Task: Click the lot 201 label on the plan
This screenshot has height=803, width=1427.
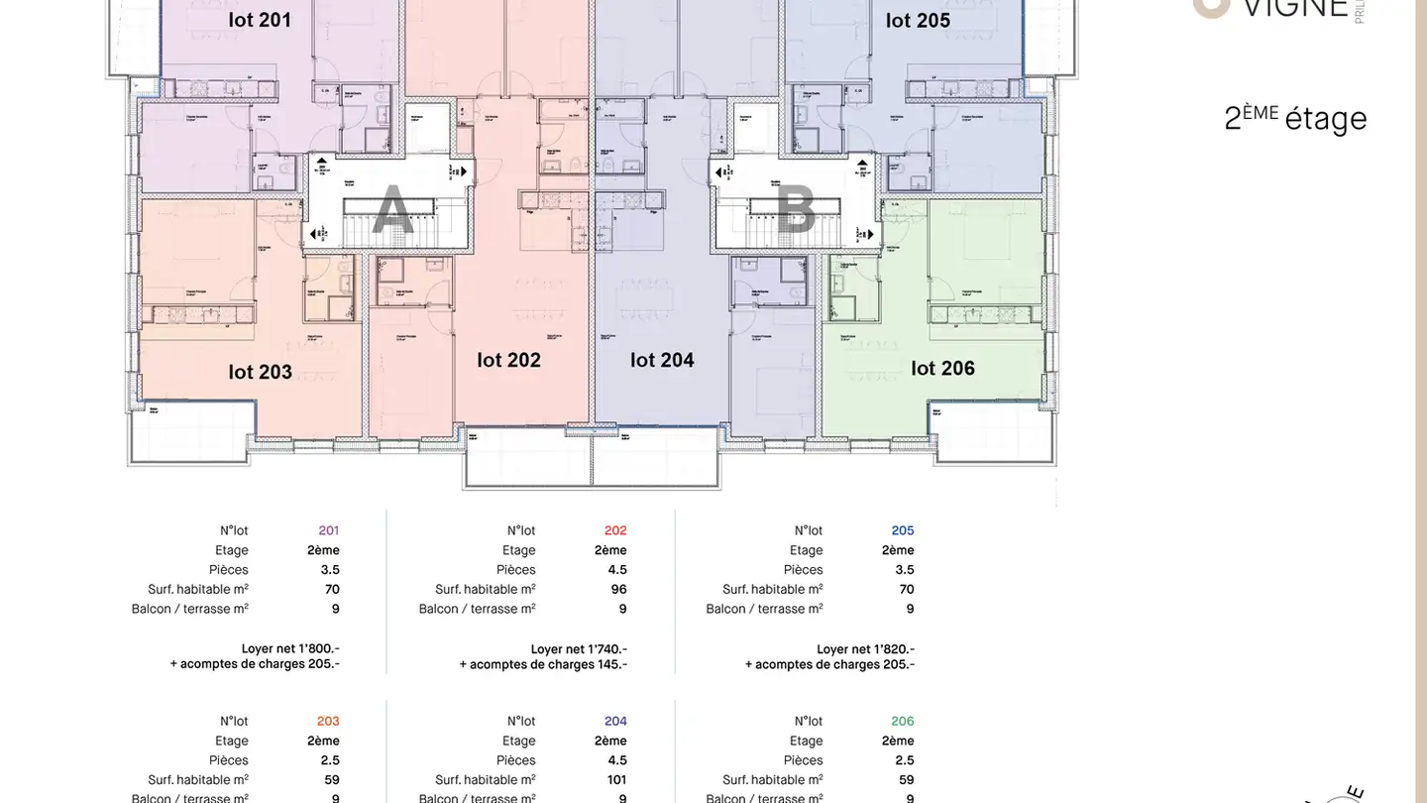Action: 260,20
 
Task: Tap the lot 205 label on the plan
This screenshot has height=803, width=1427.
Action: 918,21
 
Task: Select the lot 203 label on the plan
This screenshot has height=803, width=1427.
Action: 260,372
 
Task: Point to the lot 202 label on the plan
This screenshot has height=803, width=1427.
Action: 508,360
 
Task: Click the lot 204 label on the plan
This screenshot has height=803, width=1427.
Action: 662,360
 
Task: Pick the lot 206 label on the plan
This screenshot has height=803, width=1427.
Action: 942,368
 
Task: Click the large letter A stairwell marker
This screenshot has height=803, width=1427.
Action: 392,211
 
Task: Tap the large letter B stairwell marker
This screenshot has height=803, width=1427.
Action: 795,211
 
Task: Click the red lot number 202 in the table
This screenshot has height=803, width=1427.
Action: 615,530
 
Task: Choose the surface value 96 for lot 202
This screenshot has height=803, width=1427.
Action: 619,589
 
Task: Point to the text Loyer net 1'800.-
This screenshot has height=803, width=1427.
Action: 290,648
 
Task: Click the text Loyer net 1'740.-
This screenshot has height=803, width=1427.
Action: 579,648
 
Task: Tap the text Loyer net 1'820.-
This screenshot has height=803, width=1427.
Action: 865,648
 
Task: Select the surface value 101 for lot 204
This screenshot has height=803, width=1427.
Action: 616,780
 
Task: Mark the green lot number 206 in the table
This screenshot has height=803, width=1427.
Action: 902,722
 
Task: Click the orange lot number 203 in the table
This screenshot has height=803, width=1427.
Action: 328,722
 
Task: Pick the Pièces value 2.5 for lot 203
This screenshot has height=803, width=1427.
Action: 329,760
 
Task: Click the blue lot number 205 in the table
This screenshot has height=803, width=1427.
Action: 902,530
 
